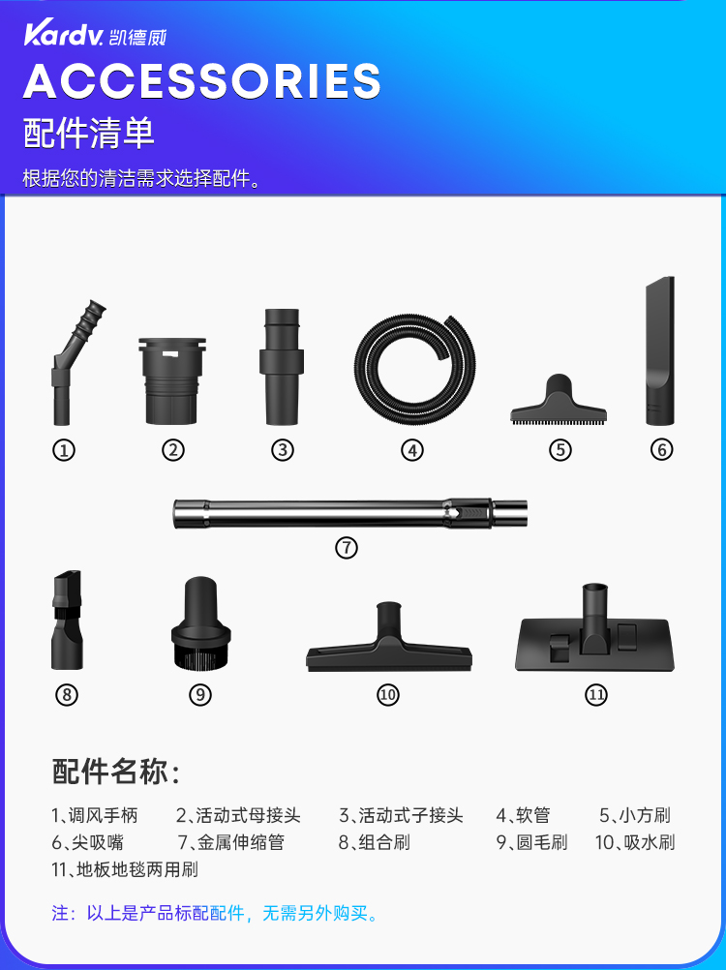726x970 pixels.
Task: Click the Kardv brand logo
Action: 95,35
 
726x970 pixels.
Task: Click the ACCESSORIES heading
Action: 201,81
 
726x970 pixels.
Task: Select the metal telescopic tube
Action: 350,513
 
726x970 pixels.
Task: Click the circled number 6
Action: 661,450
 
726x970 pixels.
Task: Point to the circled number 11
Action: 595,695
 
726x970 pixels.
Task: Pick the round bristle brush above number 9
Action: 201,623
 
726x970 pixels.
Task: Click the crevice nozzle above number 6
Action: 660,350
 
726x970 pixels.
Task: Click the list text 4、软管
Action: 523,815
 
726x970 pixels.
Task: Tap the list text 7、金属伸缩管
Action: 230,842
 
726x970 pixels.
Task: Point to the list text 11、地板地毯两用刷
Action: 125,869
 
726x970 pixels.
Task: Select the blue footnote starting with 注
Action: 215,913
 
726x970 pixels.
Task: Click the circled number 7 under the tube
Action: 347,548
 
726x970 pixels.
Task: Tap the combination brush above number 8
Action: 67,621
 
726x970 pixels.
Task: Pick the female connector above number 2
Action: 172,380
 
